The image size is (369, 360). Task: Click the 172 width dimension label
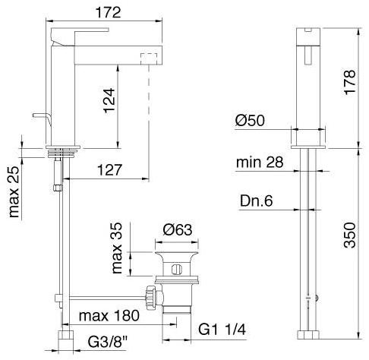pos(108,12)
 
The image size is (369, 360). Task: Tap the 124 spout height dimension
pos(109,100)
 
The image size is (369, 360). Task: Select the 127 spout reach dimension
pos(109,170)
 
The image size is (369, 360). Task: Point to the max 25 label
pos(14,191)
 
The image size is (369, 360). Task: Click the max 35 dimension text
pos(117,248)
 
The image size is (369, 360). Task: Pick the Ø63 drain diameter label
pos(178,229)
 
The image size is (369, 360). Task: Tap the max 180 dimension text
pos(109,316)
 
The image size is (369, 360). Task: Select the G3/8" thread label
pos(108,342)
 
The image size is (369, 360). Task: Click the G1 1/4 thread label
pos(222,330)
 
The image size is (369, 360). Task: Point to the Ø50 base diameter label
pos(250,120)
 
